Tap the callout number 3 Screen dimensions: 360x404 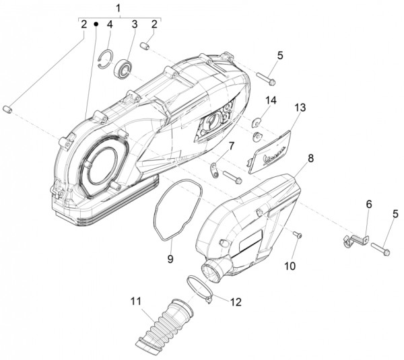pos(134,25)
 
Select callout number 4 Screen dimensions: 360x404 pos(110,25)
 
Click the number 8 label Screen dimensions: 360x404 pos(310,159)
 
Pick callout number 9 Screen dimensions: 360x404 pos(170,258)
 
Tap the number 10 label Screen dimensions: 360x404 pos(290,266)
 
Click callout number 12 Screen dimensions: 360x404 pos(235,302)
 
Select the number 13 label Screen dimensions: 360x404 pos(300,107)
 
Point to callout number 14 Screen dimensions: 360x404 pos(270,101)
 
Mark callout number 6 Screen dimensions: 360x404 pos(369,203)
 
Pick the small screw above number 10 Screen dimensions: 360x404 pos(298,233)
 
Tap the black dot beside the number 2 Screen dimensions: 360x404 pos(96,25)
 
